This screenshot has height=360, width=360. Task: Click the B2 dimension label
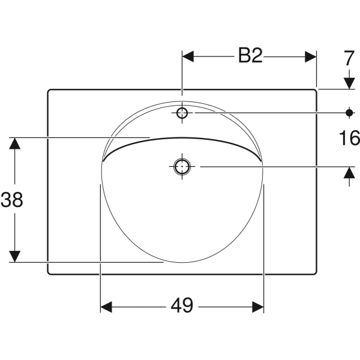(250, 55)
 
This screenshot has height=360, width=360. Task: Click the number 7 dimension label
(349, 59)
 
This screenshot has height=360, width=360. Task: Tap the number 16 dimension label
(349, 138)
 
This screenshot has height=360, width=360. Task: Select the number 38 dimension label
(12, 200)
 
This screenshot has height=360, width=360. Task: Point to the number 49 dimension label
(182, 305)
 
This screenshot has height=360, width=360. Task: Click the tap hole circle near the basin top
(182, 113)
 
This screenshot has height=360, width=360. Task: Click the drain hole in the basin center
(182, 166)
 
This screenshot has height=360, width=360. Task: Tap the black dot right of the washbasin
(349, 113)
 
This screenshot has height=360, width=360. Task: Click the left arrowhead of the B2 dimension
(188, 56)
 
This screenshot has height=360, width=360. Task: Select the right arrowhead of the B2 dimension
(311, 56)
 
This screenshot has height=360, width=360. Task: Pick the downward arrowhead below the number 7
(349, 83)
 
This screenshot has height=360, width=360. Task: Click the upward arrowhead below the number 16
(349, 172)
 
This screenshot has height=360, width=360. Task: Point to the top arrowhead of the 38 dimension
(14, 143)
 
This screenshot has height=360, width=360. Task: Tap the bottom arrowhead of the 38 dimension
(14, 256)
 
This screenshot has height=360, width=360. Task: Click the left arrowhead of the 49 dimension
(106, 307)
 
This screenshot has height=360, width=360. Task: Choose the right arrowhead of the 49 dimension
(258, 307)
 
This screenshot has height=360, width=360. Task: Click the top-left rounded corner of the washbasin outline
(49, 90)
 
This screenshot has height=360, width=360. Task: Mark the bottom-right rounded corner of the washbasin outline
(316, 273)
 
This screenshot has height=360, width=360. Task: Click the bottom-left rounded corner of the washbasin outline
(49, 273)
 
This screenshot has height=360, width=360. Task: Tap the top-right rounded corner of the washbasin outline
(316, 90)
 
